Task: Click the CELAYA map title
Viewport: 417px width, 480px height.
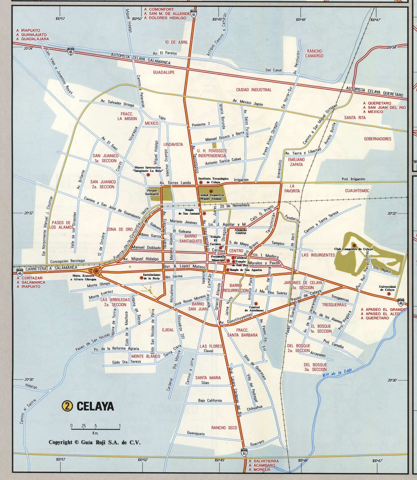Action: click(x=95, y=406)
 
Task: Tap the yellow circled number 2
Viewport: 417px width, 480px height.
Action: click(x=67, y=406)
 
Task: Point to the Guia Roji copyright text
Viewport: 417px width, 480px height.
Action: click(x=94, y=442)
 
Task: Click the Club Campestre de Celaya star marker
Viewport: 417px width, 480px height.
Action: click(x=354, y=245)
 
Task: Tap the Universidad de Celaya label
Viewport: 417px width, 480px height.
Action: click(x=387, y=288)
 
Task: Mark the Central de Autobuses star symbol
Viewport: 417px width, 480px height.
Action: click(x=256, y=304)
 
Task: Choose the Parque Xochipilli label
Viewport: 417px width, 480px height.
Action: click(x=152, y=192)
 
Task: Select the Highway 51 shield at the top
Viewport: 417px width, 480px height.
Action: click(x=194, y=14)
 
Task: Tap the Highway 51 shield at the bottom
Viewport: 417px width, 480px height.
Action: click(x=244, y=452)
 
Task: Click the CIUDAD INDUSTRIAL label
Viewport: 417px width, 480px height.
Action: click(x=254, y=90)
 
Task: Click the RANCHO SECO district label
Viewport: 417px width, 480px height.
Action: click(x=224, y=428)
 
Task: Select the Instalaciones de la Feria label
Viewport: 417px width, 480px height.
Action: click(x=151, y=277)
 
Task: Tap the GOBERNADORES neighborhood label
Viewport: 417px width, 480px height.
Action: click(x=378, y=139)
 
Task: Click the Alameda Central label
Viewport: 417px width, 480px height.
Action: click(x=240, y=231)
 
